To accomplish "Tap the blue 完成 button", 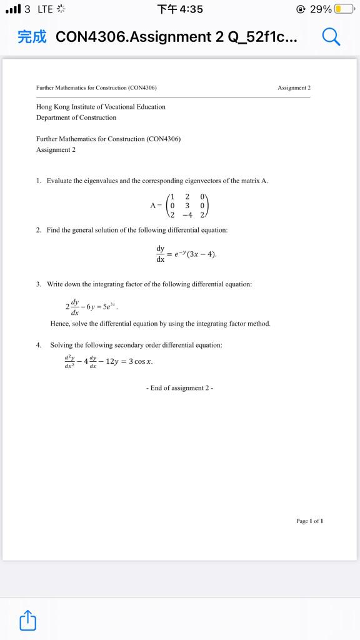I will pyautogui.click(x=32, y=37).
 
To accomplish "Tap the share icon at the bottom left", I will pyautogui.click(x=29, y=621).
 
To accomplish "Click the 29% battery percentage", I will pyautogui.click(x=321, y=9).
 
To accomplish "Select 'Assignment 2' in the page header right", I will pyautogui.click(x=294, y=88).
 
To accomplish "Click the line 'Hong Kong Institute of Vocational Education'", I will pyautogui.click(x=101, y=107).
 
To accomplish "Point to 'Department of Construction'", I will pyautogui.click(x=76, y=117).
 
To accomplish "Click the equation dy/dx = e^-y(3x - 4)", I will pyautogui.click(x=186, y=253).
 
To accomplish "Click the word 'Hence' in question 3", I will pyautogui.click(x=59, y=324).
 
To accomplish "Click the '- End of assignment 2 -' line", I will pyautogui.click(x=179, y=387).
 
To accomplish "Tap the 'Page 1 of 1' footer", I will pyautogui.click(x=309, y=521).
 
